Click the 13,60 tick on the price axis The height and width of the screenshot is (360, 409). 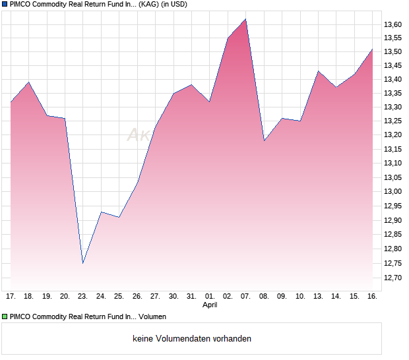(x=393, y=24)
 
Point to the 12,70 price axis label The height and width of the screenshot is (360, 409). (x=393, y=278)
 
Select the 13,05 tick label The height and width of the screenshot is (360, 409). (x=393, y=177)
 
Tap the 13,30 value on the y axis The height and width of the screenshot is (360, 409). (x=393, y=107)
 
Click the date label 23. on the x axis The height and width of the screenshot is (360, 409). (x=82, y=297)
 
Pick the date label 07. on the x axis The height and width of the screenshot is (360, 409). (x=245, y=297)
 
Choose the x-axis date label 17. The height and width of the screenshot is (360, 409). (x=11, y=297)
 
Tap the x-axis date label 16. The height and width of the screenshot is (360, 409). (x=372, y=297)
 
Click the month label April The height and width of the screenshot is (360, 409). (x=210, y=305)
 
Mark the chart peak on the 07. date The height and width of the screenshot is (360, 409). (x=245, y=19)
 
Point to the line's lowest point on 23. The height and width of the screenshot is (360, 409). (x=82, y=263)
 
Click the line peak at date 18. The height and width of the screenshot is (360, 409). (x=28, y=82)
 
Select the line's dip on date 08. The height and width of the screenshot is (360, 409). (x=264, y=140)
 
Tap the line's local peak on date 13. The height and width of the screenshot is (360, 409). (x=318, y=71)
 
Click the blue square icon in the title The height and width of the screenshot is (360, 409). (x=5, y=4)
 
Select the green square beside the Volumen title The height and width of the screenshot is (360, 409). (x=5, y=317)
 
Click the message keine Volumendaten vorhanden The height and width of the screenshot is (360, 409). (x=192, y=339)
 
